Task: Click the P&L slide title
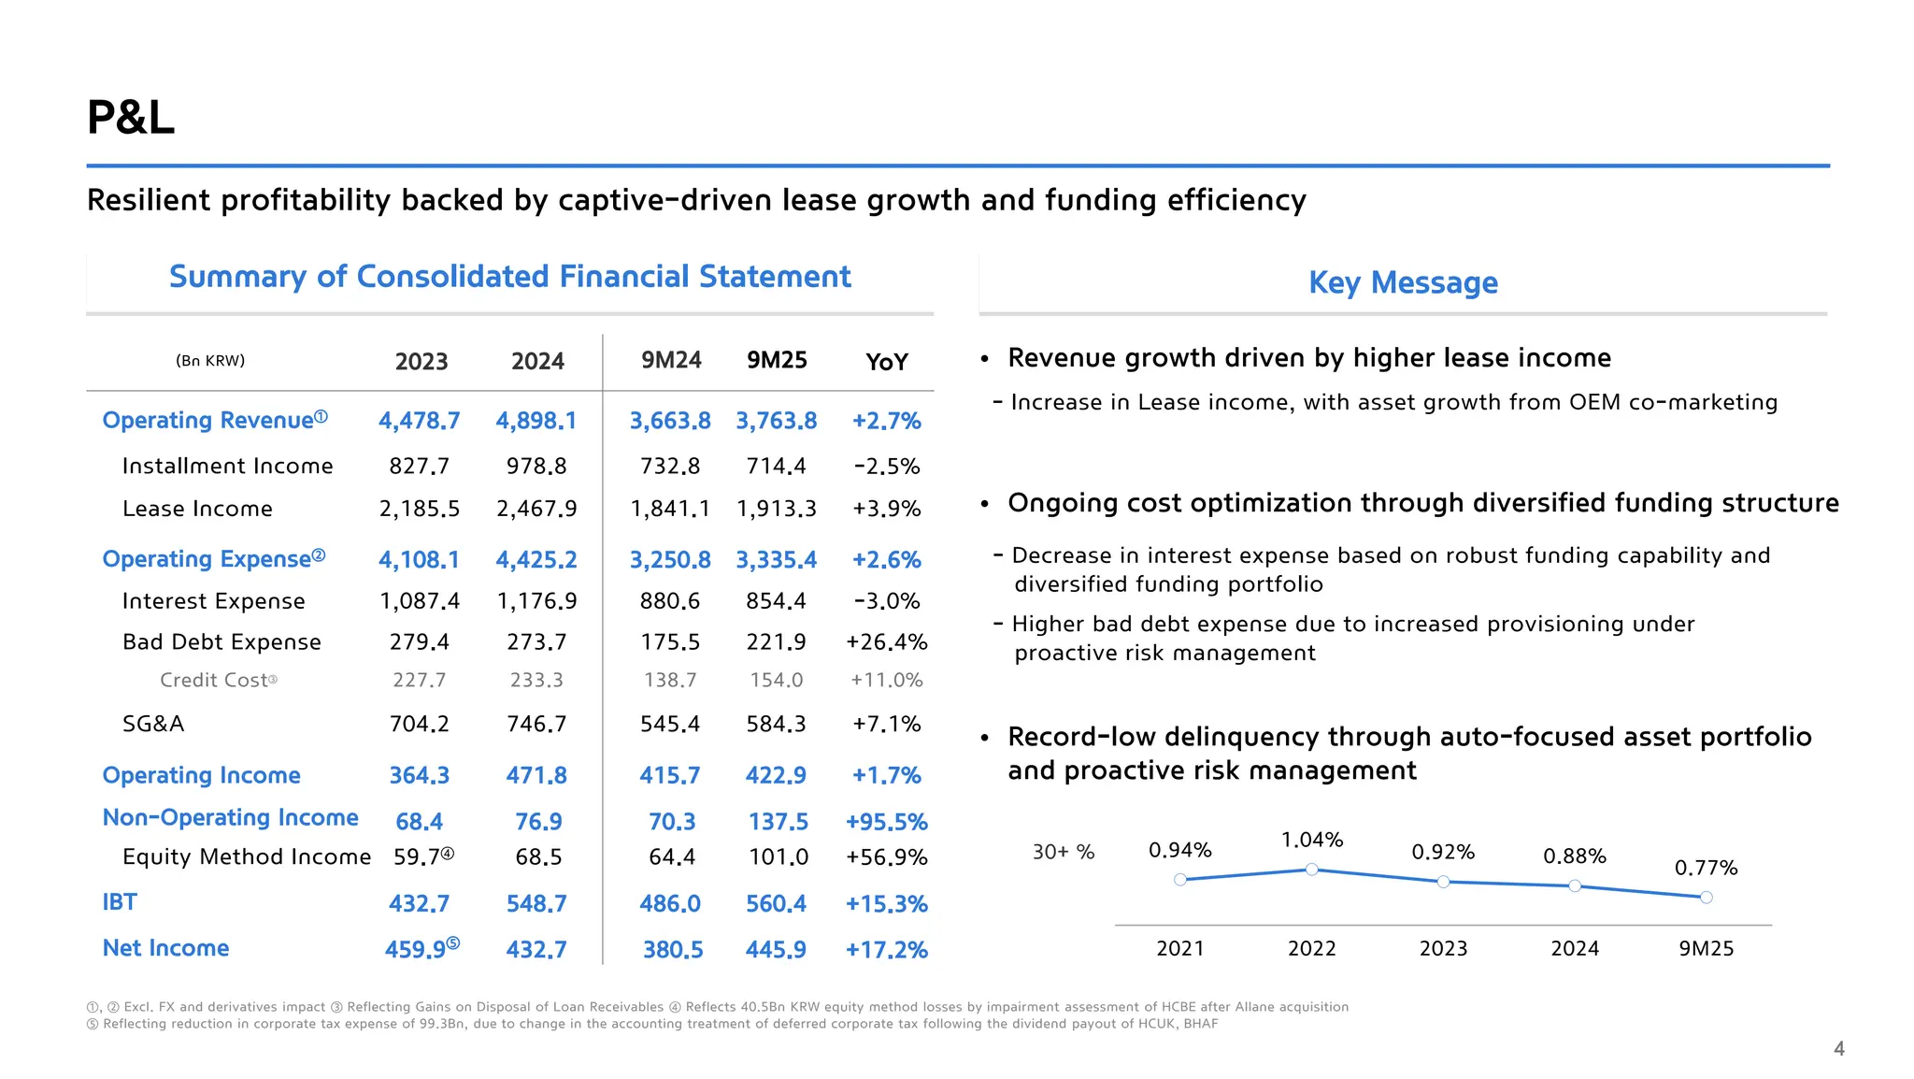coord(131,118)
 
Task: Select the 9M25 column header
coord(777,361)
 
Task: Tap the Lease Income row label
coord(197,509)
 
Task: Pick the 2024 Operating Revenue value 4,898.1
coord(536,421)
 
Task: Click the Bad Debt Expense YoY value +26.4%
coord(886,642)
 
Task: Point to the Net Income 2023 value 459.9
coord(416,950)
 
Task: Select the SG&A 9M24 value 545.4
coord(670,724)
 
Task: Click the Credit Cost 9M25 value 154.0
coord(777,681)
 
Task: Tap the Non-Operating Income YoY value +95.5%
coord(886,822)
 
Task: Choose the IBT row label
coord(120,902)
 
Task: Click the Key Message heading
coord(1403,282)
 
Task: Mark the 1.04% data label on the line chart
coord(1311,840)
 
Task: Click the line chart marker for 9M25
coord(1706,898)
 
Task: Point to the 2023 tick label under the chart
coord(1443,949)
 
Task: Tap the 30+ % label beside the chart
coord(1063,852)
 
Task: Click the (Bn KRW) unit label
coord(210,361)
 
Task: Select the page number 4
coord(1838,1049)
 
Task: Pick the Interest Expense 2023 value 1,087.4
coord(420,601)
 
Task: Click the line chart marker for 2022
coord(1311,870)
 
